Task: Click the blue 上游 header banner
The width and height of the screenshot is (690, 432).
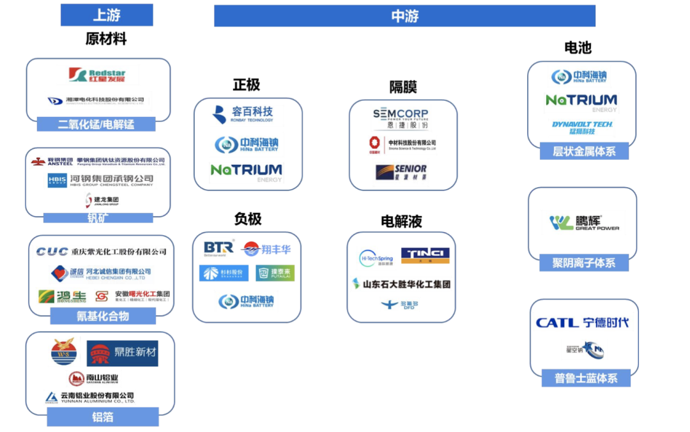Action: [107, 15]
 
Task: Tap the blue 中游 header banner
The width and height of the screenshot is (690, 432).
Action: [404, 16]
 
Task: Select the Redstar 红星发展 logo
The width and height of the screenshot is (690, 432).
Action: [97, 75]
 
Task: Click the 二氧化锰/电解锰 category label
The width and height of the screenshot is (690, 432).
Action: [96, 124]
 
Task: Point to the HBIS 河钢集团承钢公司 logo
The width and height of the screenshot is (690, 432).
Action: [100, 180]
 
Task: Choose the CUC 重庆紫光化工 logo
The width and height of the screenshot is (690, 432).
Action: [101, 252]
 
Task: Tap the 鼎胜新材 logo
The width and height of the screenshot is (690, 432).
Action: [123, 353]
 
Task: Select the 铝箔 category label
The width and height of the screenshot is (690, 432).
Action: [102, 417]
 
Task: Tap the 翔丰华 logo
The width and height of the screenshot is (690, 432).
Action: [267, 249]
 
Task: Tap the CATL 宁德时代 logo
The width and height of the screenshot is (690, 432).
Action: [581, 323]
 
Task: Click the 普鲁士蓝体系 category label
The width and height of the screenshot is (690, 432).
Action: [586, 378]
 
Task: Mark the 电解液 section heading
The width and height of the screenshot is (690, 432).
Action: [401, 222]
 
